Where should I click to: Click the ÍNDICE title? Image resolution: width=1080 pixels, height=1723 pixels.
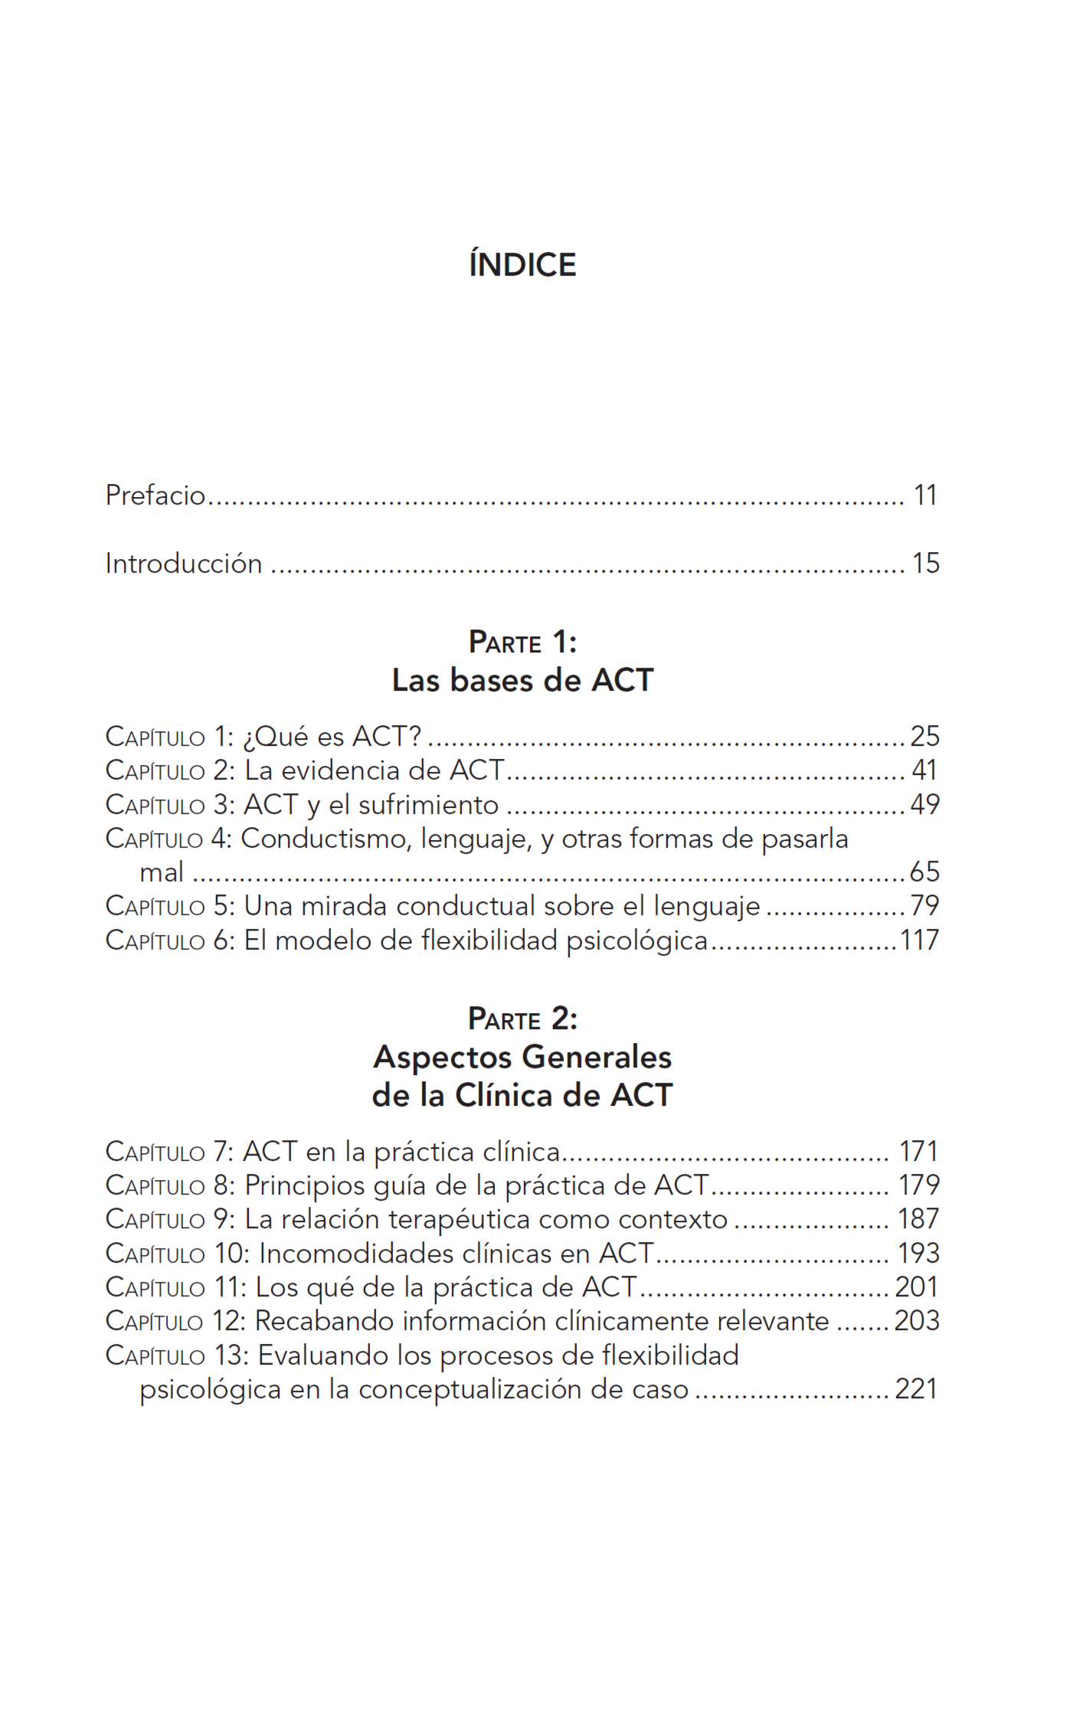(x=522, y=265)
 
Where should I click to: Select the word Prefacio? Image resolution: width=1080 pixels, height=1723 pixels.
(x=155, y=495)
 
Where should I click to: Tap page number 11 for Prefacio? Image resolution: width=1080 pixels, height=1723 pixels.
(x=925, y=495)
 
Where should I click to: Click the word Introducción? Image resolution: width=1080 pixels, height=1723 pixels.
(x=184, y=564)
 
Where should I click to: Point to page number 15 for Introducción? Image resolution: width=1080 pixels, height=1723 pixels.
(x=925, y=564)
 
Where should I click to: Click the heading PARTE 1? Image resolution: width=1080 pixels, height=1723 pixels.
(x=522, y=642)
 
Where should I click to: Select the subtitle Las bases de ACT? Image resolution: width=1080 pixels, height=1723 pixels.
(x=522, y=680)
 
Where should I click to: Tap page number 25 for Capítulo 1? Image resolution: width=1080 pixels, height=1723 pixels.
(x=925, y=737)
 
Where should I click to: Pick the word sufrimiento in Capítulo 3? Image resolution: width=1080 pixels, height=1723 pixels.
(x=428, y=805)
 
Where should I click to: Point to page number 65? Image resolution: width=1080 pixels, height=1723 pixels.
(x=925, y=872)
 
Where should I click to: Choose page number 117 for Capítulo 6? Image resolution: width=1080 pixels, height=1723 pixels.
(x=919, y=940)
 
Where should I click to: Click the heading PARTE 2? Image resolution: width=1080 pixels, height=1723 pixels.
(x=522, y=1019)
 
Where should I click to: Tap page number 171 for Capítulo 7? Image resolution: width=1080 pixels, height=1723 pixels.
(x=918, y=1152)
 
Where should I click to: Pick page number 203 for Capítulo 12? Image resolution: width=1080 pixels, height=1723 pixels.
(x=917, y=1321)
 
